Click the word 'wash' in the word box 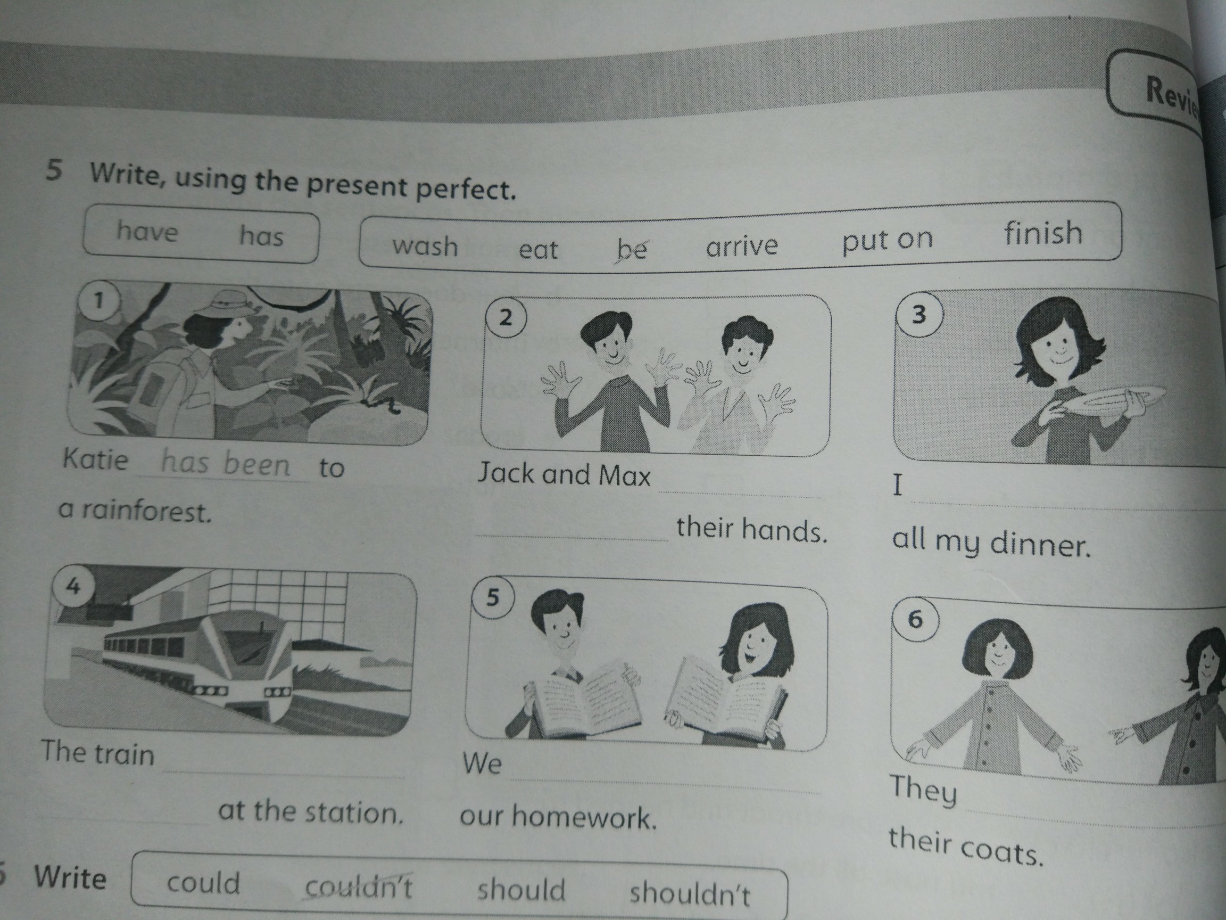425,245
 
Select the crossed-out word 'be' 631,249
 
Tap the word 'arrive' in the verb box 742,245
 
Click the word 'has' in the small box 261,235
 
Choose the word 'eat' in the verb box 537,250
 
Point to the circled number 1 99,301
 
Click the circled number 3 918,315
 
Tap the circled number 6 915,619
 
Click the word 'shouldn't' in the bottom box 690,893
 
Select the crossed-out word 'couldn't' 359,887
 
